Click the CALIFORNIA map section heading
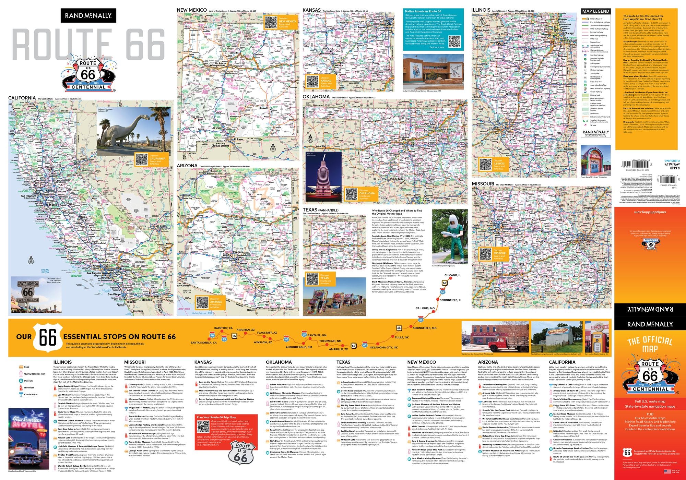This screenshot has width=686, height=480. click(22, 98)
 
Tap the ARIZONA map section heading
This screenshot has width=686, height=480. click(187, 166)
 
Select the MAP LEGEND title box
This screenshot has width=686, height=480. click(595, 11)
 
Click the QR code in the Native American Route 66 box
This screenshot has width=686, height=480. click(454, 41)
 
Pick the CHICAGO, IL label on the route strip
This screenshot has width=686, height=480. click(453, 275)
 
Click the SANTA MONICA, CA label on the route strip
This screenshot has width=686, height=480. click(204, 343)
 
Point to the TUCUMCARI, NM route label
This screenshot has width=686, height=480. click(330, 341)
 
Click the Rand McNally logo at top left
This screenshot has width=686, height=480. click(88, 16)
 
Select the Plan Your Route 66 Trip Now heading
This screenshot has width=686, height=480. click(216, 417)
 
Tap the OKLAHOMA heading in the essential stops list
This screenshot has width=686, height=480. click(279, 362)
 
